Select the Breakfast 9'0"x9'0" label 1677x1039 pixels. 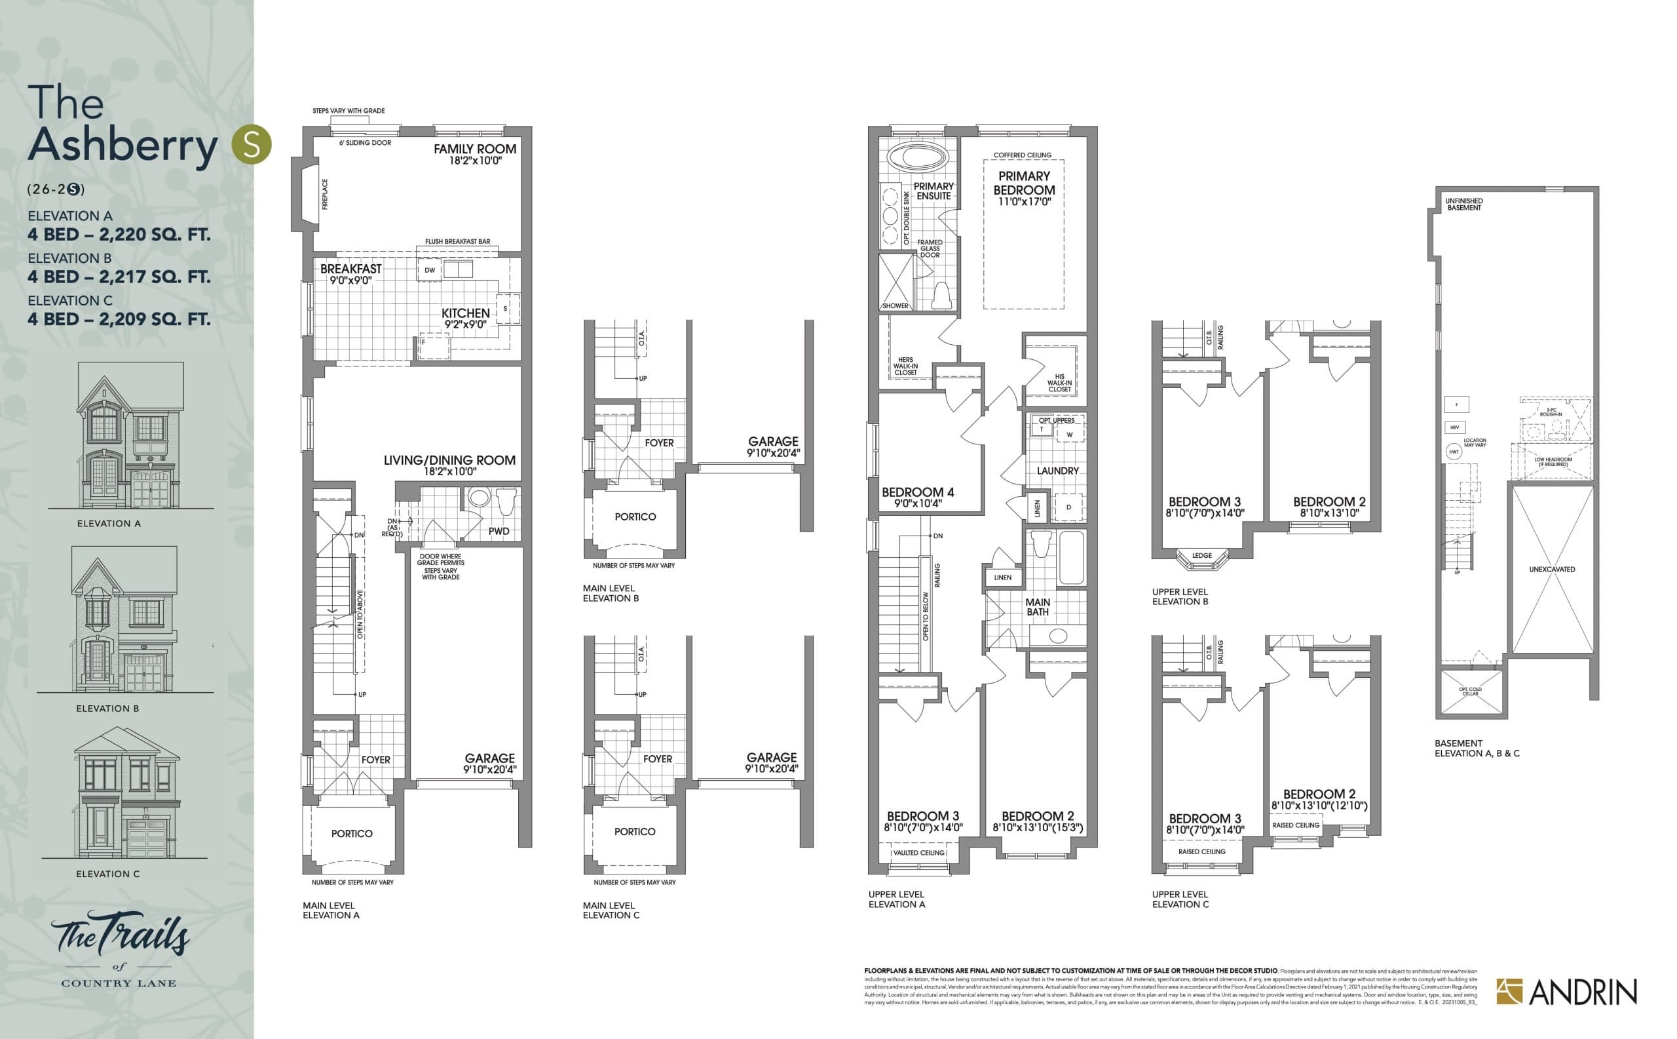click(350, 273)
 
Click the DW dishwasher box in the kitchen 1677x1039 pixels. click(429, 270)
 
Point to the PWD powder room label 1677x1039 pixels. click(499, 531)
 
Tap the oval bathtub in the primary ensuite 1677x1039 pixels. click(916, 157)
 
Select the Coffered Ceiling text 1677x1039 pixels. click(1022, 155)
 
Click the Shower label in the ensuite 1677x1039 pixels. click(895, 305)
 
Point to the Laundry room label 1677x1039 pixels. click(1057, 471)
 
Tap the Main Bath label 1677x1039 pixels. click(1037, 607)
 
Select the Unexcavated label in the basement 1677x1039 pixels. click(1552, 570)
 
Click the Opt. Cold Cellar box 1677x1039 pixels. click(1470, 692)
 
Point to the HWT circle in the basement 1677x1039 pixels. click(1454, 452)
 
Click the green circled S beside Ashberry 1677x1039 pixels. click(252, 144)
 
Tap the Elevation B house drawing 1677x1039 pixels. click(124, 618)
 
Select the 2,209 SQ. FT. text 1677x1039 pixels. click(155, 319)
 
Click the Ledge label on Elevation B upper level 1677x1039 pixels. click(1202, 555)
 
